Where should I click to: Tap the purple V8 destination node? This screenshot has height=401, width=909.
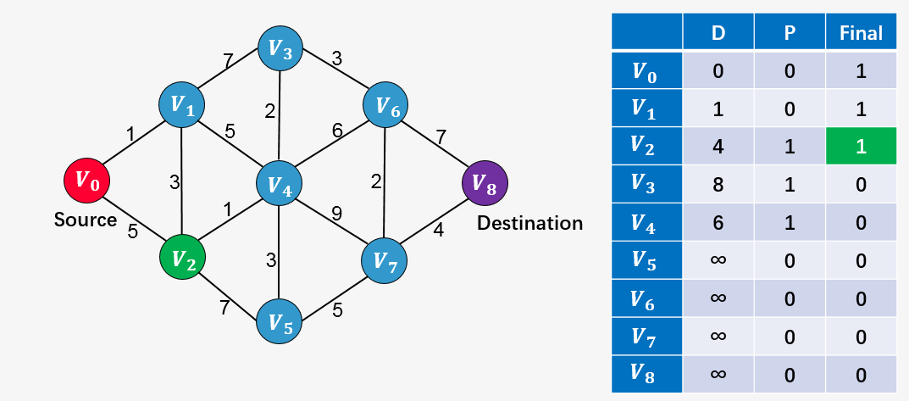[485, 181]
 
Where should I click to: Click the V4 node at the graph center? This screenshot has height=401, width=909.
[280, 182]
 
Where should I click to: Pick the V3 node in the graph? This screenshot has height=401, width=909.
[280, 48]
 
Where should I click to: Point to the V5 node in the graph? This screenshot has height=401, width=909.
[280, 321]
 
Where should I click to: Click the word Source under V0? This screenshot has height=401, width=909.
[86, 220]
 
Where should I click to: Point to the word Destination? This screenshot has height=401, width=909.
[530, 224]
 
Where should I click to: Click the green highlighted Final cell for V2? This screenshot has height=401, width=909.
[860, 147]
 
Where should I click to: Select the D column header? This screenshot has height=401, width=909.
[718, 33]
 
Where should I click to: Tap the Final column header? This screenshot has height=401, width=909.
[860, 33]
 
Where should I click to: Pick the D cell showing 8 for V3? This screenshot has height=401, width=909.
[718, 185]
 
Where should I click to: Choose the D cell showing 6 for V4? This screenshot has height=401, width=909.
[718, 223]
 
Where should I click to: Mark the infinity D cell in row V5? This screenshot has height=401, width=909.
[718, 260]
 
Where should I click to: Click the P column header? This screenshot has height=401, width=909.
[790, 33]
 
